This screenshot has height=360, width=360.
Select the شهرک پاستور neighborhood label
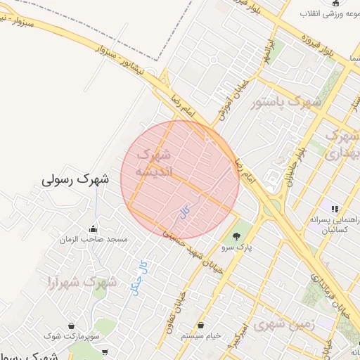(286, 103)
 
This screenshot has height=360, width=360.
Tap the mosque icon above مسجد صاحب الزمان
(93, 229)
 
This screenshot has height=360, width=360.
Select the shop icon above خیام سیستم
(202, 325)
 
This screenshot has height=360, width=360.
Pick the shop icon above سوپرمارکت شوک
(72, 326)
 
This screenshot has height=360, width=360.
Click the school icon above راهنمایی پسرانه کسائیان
(335, 209)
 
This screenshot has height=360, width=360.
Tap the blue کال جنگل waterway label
(139, 277)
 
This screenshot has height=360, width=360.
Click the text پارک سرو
(237, 247)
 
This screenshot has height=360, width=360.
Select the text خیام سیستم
(202, 336)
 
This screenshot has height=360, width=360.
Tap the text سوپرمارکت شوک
(72, 337)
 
